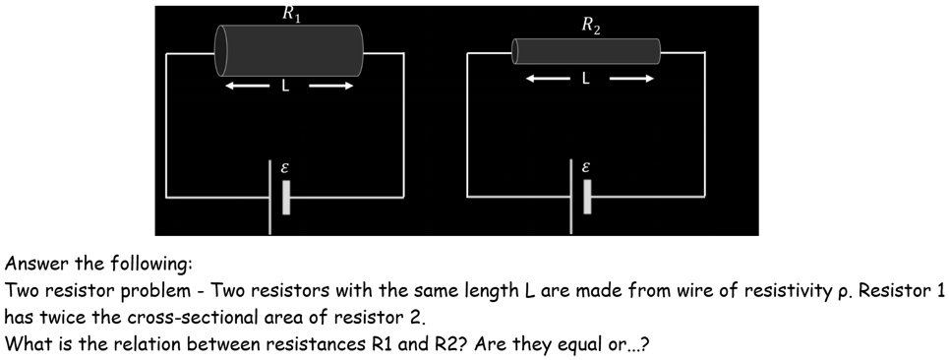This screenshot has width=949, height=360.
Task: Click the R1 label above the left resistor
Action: click(x=290, y=14)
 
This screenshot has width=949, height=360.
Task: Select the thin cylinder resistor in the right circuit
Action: click(x=587, y=51)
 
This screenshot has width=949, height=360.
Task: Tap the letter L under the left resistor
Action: click(x=285, y=87)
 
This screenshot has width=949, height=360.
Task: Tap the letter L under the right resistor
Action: click(x=586, y=79)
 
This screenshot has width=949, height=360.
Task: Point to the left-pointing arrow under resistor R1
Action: click(x=245, y=87)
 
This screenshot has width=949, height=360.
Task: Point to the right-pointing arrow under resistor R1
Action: click(x=331, y=87)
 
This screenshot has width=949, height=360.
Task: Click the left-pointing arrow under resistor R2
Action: click(x=546, y=79)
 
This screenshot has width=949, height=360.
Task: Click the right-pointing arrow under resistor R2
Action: click(x=629, y=79)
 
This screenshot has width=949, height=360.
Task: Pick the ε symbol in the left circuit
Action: click(x=285, y=168)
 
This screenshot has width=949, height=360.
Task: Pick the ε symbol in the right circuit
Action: click(x=586, y=168)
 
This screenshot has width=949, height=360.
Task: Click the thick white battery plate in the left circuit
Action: click(x=286, y=197)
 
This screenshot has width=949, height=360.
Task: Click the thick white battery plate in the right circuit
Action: click(x=587, y=197)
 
